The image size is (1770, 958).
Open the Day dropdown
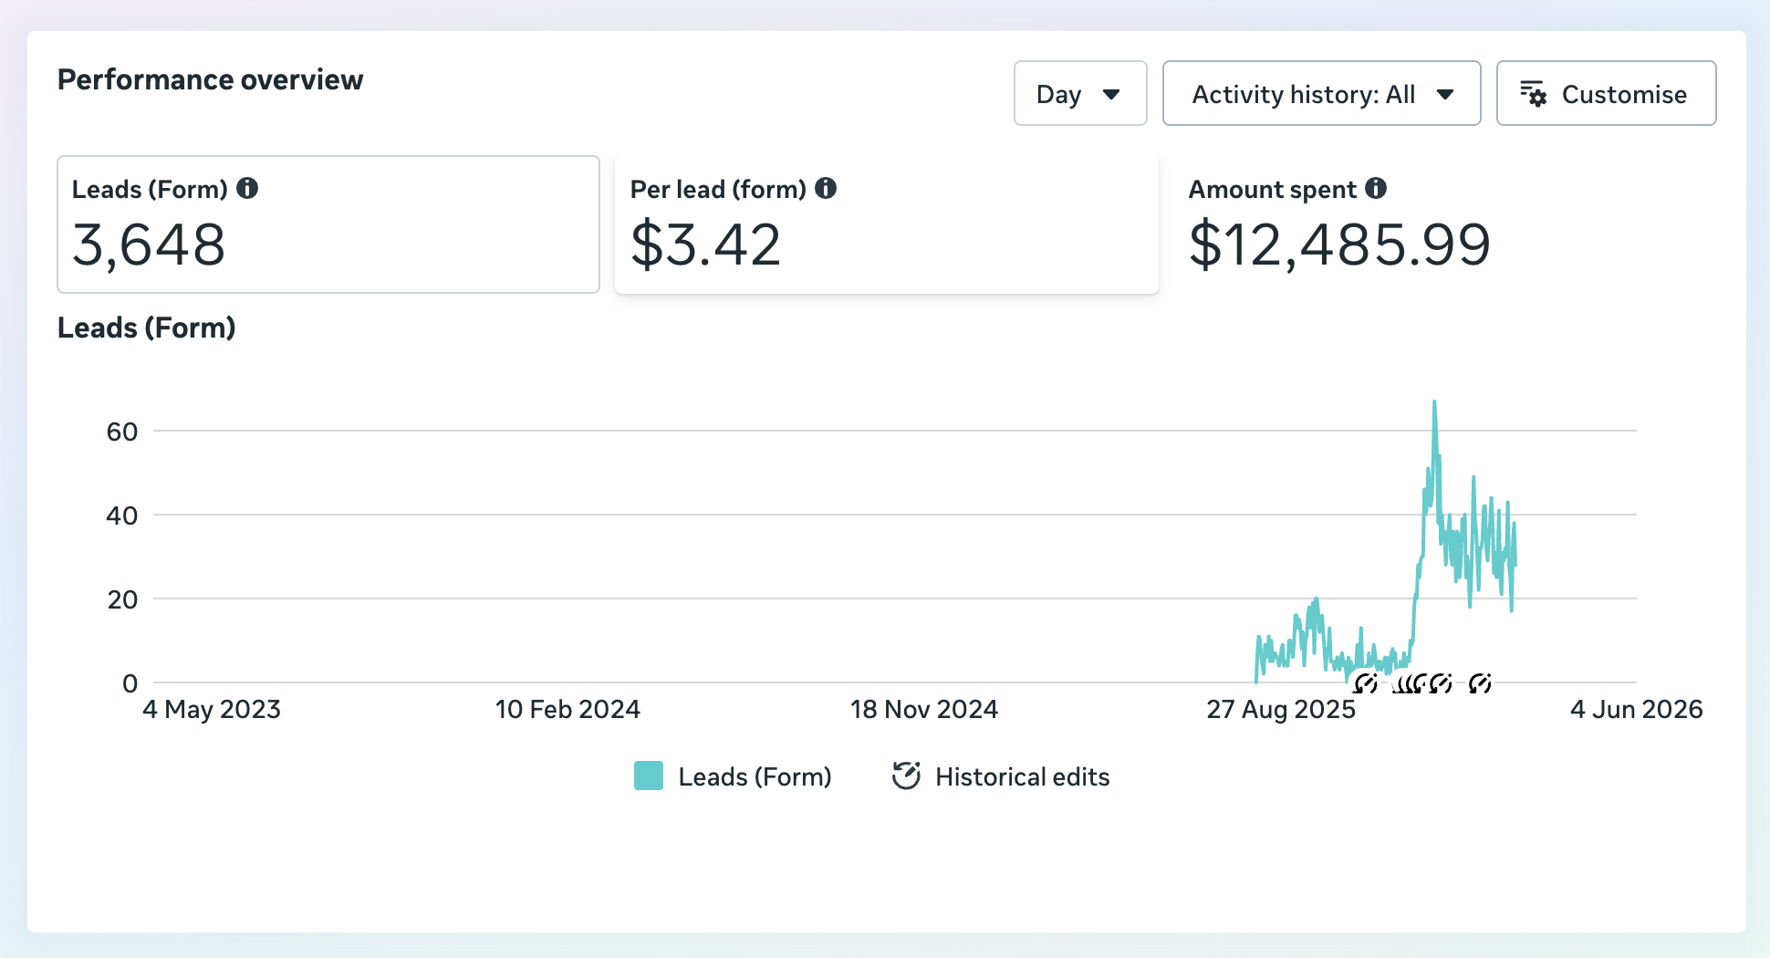(x=1080, y=93)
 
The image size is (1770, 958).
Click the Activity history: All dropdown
(x=1321, y=93)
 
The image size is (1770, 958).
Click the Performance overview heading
(x=211, y=80)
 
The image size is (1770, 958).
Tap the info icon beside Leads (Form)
(x=247, y=188)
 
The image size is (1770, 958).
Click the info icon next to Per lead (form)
(x=826, y=188)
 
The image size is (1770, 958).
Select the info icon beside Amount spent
(x=1376, y=188)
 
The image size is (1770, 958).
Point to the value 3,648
(x=149, y=245)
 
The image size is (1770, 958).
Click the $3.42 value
(x=705, y=245)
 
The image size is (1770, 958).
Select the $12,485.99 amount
(x=1339, y=245)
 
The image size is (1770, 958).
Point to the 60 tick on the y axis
(x=122, y=432)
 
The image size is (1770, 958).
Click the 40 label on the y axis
(x=122, y=515)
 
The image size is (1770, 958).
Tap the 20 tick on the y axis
(x=122, y=599)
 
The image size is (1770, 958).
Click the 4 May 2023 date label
(x=212, y=709)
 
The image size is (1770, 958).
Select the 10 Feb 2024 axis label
(x=567, y=709)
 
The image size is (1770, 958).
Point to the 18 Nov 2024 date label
(x=924, y=709)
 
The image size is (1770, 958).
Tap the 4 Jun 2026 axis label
(x=1637, y=709)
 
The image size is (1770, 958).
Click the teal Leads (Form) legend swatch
(x=649, y=776)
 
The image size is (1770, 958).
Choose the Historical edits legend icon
(x=906, y=776)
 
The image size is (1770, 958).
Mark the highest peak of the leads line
(x=1434, y=401)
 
